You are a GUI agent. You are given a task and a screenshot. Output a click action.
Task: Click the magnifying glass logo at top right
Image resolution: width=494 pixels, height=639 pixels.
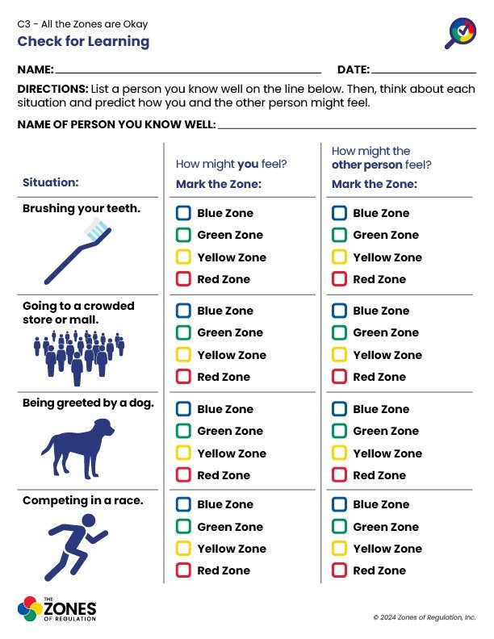tap(461, 33)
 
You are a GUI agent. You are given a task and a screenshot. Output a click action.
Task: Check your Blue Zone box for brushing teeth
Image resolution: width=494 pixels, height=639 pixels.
tap(183, 214)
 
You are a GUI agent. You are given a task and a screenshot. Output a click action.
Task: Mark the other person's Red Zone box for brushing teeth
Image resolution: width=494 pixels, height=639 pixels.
tap(339, 280)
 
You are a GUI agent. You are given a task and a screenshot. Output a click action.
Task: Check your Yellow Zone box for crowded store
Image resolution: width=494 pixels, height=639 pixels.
tap(183, 355)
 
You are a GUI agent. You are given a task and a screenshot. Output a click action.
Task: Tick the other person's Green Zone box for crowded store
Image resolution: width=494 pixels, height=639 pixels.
tap(339, 333)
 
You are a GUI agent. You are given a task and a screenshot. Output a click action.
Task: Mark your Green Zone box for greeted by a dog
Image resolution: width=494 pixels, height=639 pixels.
tap(183, 432)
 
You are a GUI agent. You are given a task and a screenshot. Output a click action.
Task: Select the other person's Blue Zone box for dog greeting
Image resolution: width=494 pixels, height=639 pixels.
tap(339, 410)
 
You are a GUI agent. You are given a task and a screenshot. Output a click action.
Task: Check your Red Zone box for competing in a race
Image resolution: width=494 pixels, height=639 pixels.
tap(183, 571)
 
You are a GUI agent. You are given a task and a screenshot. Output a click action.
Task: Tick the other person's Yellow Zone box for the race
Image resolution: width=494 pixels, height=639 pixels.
tap(339, 549)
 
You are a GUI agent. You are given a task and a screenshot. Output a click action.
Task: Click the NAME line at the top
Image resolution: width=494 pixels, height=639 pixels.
tap(188, 70)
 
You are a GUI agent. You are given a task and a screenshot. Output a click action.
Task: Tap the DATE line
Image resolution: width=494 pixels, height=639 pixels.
tap(424, 70)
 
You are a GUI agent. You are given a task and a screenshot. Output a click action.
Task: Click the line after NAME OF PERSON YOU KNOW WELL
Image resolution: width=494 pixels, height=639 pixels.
tap(347, 126)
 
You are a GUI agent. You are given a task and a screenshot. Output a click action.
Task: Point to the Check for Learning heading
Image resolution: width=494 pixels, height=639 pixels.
tap(83, 41)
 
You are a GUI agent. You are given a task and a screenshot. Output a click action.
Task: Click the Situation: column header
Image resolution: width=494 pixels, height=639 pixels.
tap(50, 183)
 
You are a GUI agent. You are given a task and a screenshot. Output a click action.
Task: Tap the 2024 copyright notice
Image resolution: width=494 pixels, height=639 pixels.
tap(425, 617)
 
